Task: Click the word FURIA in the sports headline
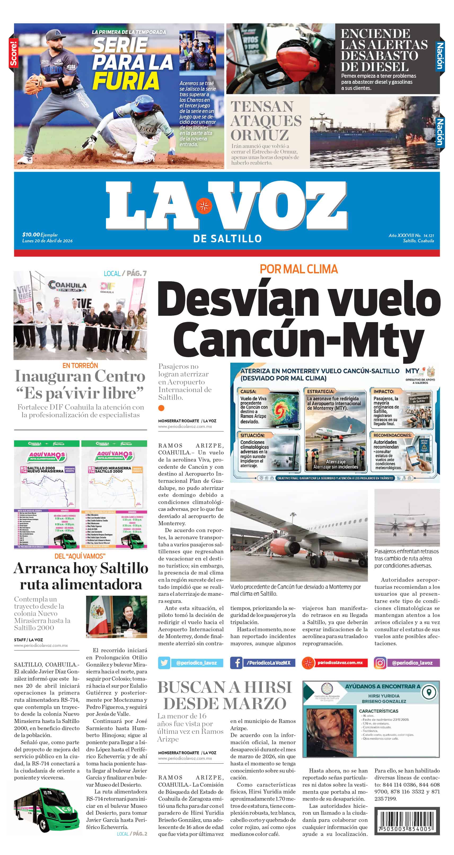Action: [126, 81]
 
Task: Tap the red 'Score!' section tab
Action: [13, 53]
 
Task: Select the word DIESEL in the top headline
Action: [374, 67]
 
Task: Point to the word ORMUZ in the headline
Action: [259, 135]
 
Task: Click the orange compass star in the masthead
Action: [204, 206]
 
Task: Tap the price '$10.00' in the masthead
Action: [31, 235]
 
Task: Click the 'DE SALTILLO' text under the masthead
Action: [227, 238]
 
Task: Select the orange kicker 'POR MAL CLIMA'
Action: [299, 269]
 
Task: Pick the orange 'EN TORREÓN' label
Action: [80, 365]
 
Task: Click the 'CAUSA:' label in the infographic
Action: [248, 391]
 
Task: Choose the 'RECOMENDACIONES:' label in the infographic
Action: [392, 435]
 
